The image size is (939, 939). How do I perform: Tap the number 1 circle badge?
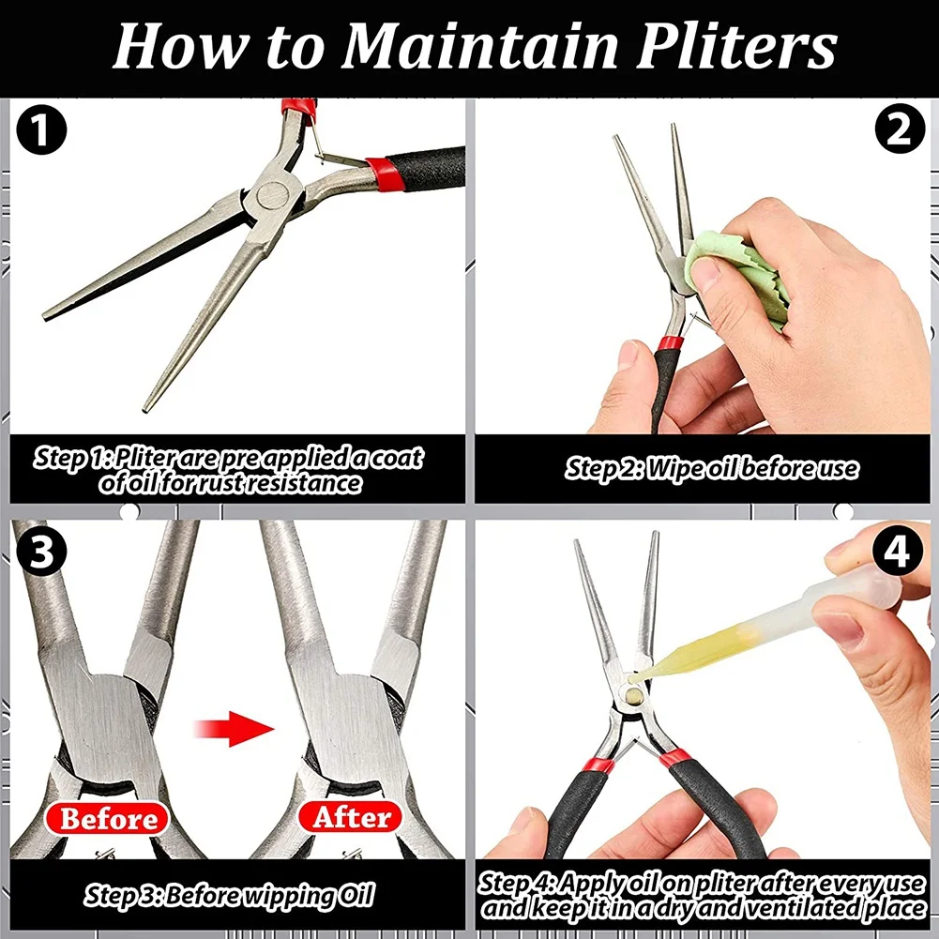tap(41, 130)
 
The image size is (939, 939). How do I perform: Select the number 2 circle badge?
tap(900, 129)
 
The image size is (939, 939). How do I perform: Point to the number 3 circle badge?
tap(41, 551)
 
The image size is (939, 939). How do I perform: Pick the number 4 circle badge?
tap(897, 551)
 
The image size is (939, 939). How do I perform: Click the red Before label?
tap(108, 818)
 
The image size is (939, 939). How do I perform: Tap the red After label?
tap(351, 817)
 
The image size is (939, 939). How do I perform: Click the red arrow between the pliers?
tap(235, 729)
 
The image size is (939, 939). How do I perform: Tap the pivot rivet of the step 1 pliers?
tap(271, 195)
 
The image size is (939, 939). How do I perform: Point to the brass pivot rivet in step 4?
tap(634, 696)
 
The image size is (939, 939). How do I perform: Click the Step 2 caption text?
tap(712, 468)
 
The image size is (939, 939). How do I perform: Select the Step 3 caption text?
tap(230, 895)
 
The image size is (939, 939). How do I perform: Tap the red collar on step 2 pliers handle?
tap(670, 343)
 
